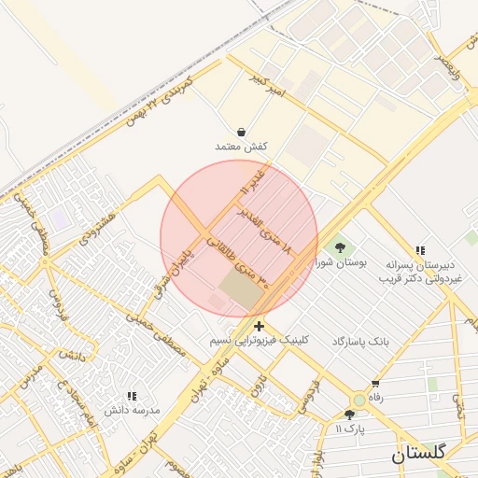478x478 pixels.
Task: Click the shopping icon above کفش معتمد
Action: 242,133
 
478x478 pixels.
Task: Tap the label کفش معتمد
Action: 242,148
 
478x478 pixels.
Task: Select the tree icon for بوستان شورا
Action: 340,248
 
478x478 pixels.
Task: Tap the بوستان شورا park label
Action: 345,263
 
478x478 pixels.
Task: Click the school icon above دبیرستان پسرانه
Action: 421,249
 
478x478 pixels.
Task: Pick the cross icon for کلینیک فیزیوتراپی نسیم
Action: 259,326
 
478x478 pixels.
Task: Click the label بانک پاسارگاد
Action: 358,343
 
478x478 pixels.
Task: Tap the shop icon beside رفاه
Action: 375,384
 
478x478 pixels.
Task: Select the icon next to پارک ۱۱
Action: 349,415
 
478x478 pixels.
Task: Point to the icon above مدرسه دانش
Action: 132,396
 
